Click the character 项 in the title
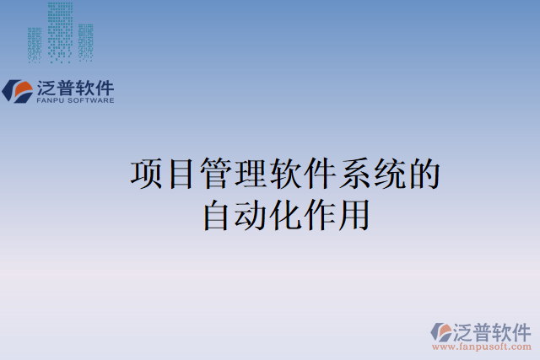coord(147,174)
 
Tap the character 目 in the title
coord(181,174)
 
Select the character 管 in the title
coord(217,174)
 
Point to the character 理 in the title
coord(251,174)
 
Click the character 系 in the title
coord(355,174)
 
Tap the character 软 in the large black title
coord(286,174)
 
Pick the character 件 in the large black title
coord(321,174)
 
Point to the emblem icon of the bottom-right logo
coord(440,331)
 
